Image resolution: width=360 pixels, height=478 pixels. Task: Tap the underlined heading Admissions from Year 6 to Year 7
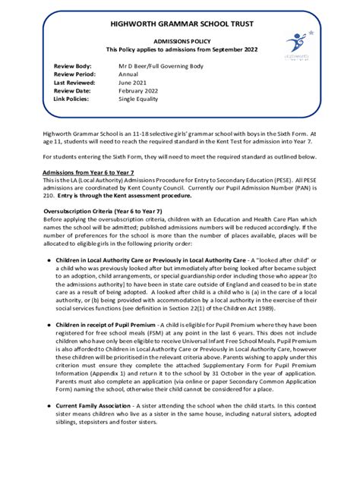(89, 173)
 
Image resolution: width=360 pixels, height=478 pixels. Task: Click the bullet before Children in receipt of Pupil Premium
(48, 324)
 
